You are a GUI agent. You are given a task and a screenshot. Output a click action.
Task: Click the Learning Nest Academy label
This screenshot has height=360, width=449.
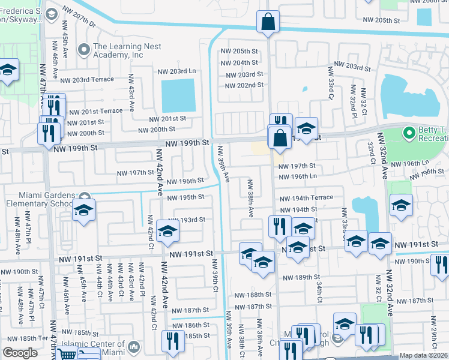tap(118, 51)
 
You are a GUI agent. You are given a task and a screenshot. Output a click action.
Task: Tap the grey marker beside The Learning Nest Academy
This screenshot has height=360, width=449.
tap(83, 47)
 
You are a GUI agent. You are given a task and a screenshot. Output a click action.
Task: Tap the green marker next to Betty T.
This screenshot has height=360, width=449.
tap(409, 132)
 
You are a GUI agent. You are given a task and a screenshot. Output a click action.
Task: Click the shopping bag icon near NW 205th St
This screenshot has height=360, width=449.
tap(268, 22)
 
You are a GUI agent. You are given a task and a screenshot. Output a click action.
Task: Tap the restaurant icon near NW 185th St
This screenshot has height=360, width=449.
tap(173, 340)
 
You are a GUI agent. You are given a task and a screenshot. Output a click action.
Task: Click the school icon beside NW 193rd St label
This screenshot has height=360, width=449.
tap(167, 230)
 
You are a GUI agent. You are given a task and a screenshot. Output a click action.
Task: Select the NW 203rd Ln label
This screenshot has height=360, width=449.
tap(175, 71)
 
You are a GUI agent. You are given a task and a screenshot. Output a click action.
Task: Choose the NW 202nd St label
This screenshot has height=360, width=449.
tap(244, 85)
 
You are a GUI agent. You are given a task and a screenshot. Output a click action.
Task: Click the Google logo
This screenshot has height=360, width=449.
tap(20, 353)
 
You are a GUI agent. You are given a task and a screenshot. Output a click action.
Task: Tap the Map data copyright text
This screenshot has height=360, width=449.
tap(424, 355)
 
